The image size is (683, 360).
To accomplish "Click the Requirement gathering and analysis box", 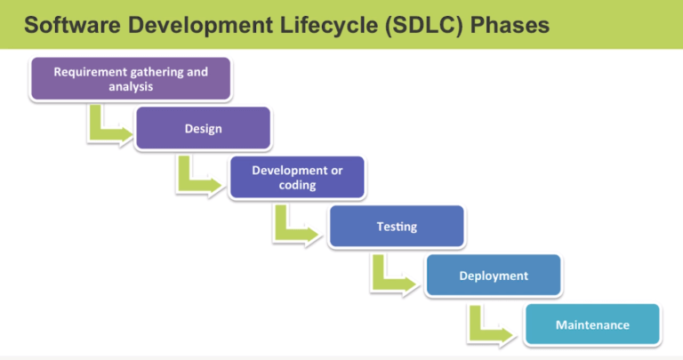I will click(x=131, y=79).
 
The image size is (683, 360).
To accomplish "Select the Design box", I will click(x=203, y=128).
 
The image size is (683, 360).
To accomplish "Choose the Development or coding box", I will click(x=296, y=177).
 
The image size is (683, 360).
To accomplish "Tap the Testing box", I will click(x=396, y=227).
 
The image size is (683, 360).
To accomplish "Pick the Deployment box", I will click(x=493, y=276).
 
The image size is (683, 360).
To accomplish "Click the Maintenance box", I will click(x=592, y=324).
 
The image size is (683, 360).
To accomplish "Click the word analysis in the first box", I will click(x=131, y=87).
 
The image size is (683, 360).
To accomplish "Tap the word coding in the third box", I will click(x=296, y=185).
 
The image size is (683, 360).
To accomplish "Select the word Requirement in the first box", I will click(x=86, y=71).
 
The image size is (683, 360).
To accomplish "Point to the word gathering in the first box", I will click(x=152, y=71).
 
